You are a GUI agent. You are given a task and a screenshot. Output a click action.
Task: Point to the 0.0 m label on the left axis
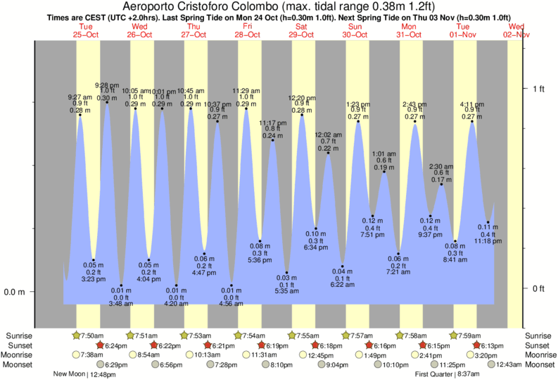15,292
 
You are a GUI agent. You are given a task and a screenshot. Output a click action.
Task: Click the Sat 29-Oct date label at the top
302,30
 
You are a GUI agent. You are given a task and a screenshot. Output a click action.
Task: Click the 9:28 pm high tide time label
107,85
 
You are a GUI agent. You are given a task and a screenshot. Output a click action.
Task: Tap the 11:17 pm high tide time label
273,123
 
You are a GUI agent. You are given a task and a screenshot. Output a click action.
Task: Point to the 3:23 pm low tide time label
94,279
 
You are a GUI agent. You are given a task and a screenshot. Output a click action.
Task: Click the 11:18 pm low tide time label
488,241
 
